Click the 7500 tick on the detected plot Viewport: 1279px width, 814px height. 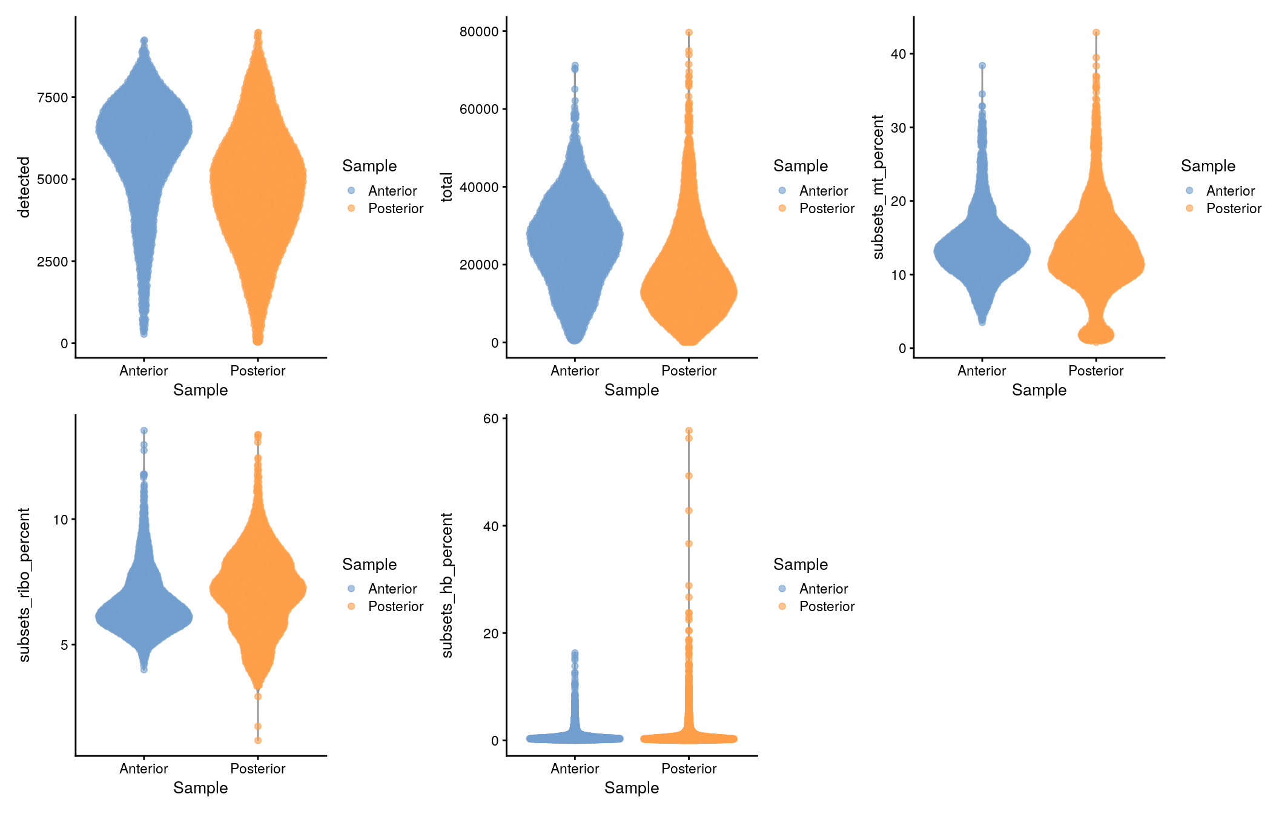(53, 98)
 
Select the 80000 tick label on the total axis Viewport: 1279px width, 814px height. (479, 31)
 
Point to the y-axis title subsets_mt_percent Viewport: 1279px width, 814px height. (878, 187)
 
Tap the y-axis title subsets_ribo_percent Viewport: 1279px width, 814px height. (24, 584)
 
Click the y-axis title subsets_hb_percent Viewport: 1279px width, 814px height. (447, 584)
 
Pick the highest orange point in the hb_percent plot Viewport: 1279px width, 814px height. (689, 431)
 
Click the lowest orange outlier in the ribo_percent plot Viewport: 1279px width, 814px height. (258, 740)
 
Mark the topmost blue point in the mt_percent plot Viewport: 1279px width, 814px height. (982, 65)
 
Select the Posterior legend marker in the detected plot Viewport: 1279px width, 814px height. (351, 208)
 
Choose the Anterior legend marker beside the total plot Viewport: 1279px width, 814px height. (782, 191)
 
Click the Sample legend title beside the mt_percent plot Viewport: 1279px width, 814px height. (1208, 166)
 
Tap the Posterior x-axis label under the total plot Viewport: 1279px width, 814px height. (689, 371)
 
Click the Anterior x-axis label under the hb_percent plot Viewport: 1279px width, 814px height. (575, 769)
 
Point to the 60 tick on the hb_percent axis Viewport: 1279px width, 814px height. (491, 419)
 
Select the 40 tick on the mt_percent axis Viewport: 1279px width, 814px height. (898, 55)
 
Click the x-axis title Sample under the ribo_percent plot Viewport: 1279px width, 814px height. (200, 788)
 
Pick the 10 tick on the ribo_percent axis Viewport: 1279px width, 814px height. (61, 520)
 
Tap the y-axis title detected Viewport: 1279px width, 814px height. (24, 187)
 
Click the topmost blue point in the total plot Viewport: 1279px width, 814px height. (575, 65)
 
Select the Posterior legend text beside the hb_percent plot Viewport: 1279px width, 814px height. (827, 606)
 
